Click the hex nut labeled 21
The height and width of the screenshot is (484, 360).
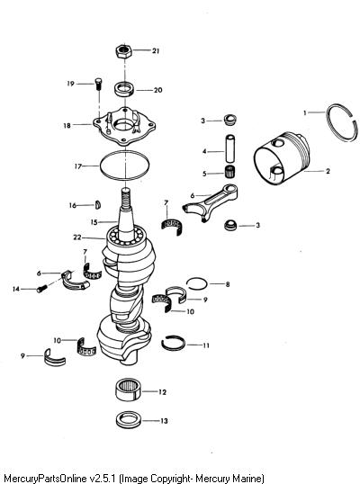pyautogui.click(x=124, y=51)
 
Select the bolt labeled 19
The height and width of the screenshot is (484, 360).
pyautogui.click(x=98, y=84)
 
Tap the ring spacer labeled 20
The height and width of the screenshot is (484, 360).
pyautogui.click(x=124, y=90)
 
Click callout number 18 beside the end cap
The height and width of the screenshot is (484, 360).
pyautogui.click(x=67, y=125)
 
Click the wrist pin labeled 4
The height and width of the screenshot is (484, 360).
pyautogui.click(x=230, y=148)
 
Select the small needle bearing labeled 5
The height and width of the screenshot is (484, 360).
pyautogui.click(x=229, y=170)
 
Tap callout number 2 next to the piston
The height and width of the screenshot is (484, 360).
pyautogui.click(x=328, y=171)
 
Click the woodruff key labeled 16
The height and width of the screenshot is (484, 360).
pyautogui.click(x=98, y=205)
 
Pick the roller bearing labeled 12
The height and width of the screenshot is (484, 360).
pyautogui.click(x=128, y=390)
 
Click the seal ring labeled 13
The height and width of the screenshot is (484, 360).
pyautogui.click(x=129, y=420)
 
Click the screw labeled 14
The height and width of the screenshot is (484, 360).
pyautogui.click(x=42, y=289)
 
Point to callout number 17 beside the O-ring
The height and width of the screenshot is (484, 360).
pyautogui.click(x=78, y=166)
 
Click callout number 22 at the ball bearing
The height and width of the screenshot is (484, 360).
pyautogui.click(x=77, y=238)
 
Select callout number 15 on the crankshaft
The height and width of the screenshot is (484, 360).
pyautogui.click(x=94, y=222)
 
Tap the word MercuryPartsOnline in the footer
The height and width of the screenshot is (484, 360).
pyautogui.click(x=43, y=478)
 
